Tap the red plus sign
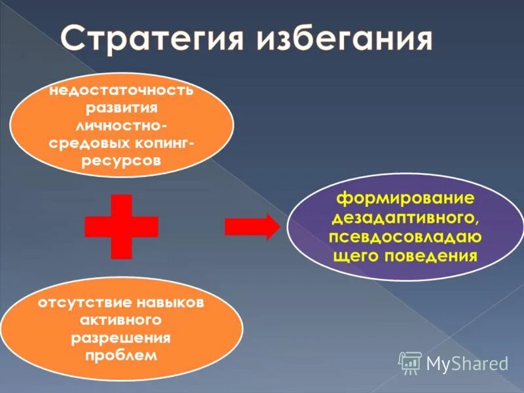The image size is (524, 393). [x=121, y=227]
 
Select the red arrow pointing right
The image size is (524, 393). [x=252, y=227]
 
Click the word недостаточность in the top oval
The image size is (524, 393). [x=122, y=90]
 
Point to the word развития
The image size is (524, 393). [x=122, y=107]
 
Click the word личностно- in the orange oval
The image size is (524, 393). [x=122, y=125]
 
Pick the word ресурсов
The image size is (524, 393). [x=122, y=161]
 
